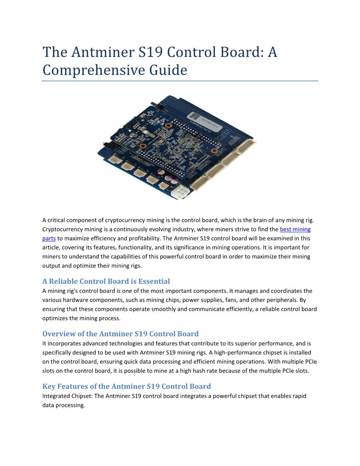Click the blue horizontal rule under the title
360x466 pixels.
180,81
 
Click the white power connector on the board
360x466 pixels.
182,181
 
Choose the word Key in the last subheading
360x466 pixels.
49,386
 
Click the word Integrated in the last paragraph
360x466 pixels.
56,396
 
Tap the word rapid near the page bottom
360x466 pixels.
298,396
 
